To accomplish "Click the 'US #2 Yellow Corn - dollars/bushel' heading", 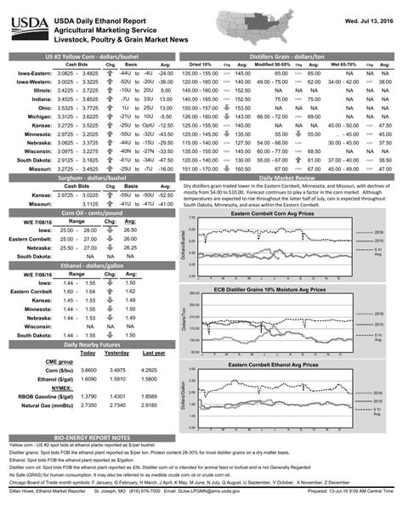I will (x=91, y=55).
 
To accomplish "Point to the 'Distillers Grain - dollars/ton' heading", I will (x=288, y=55).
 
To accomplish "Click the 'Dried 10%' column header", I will (x=201, y=64).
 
